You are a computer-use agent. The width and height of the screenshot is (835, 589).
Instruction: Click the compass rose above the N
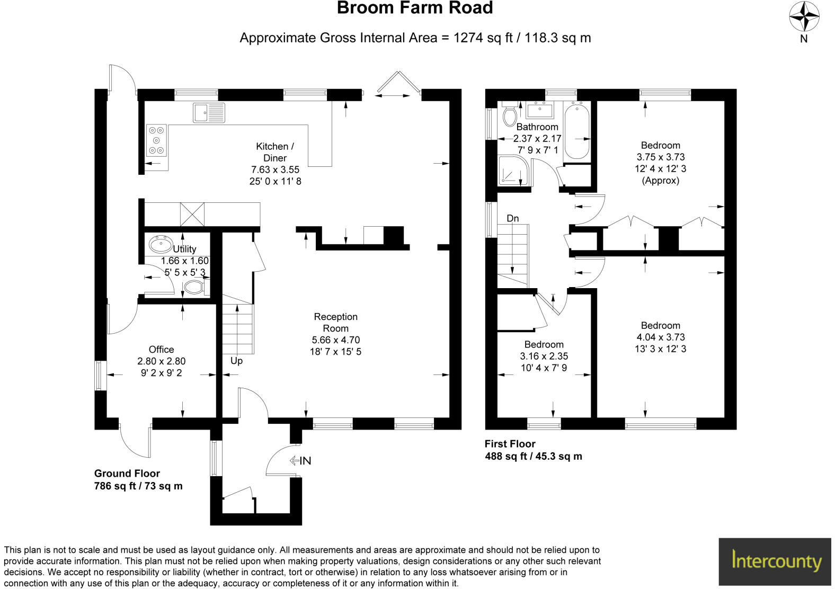point(804,16)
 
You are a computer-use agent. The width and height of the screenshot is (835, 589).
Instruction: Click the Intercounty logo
point(776,561)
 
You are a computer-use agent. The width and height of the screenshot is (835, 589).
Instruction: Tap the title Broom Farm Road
point(415,8)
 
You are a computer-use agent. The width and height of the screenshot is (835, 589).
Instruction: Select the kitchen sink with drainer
point(209,113)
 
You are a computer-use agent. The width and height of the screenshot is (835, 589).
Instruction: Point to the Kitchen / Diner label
point(275,152)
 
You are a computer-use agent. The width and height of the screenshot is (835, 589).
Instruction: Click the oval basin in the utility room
point(160,244)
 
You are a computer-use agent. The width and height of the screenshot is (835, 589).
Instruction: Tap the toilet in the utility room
point(194,288)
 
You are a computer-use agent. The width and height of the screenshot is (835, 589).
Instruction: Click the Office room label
point(161,350)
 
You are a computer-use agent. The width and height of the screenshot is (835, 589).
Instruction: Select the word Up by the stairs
point(236,361)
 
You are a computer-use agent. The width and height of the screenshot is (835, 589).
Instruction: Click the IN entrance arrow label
point(300,461)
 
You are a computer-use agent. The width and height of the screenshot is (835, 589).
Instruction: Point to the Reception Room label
point(335,323)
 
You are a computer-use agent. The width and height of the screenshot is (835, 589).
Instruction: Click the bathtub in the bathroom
point(576,131)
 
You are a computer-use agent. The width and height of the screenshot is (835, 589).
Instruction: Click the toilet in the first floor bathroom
point(510,115)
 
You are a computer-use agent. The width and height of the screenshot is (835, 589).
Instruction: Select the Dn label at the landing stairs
point(512,218)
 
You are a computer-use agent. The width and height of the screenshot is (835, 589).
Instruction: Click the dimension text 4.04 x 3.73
point(660,337)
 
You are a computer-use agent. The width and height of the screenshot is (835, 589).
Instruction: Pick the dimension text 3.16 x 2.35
point(544,356)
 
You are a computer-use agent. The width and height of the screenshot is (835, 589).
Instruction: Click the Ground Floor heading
point(127,474)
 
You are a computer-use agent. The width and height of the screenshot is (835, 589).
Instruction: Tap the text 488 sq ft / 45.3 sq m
point(533,456)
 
